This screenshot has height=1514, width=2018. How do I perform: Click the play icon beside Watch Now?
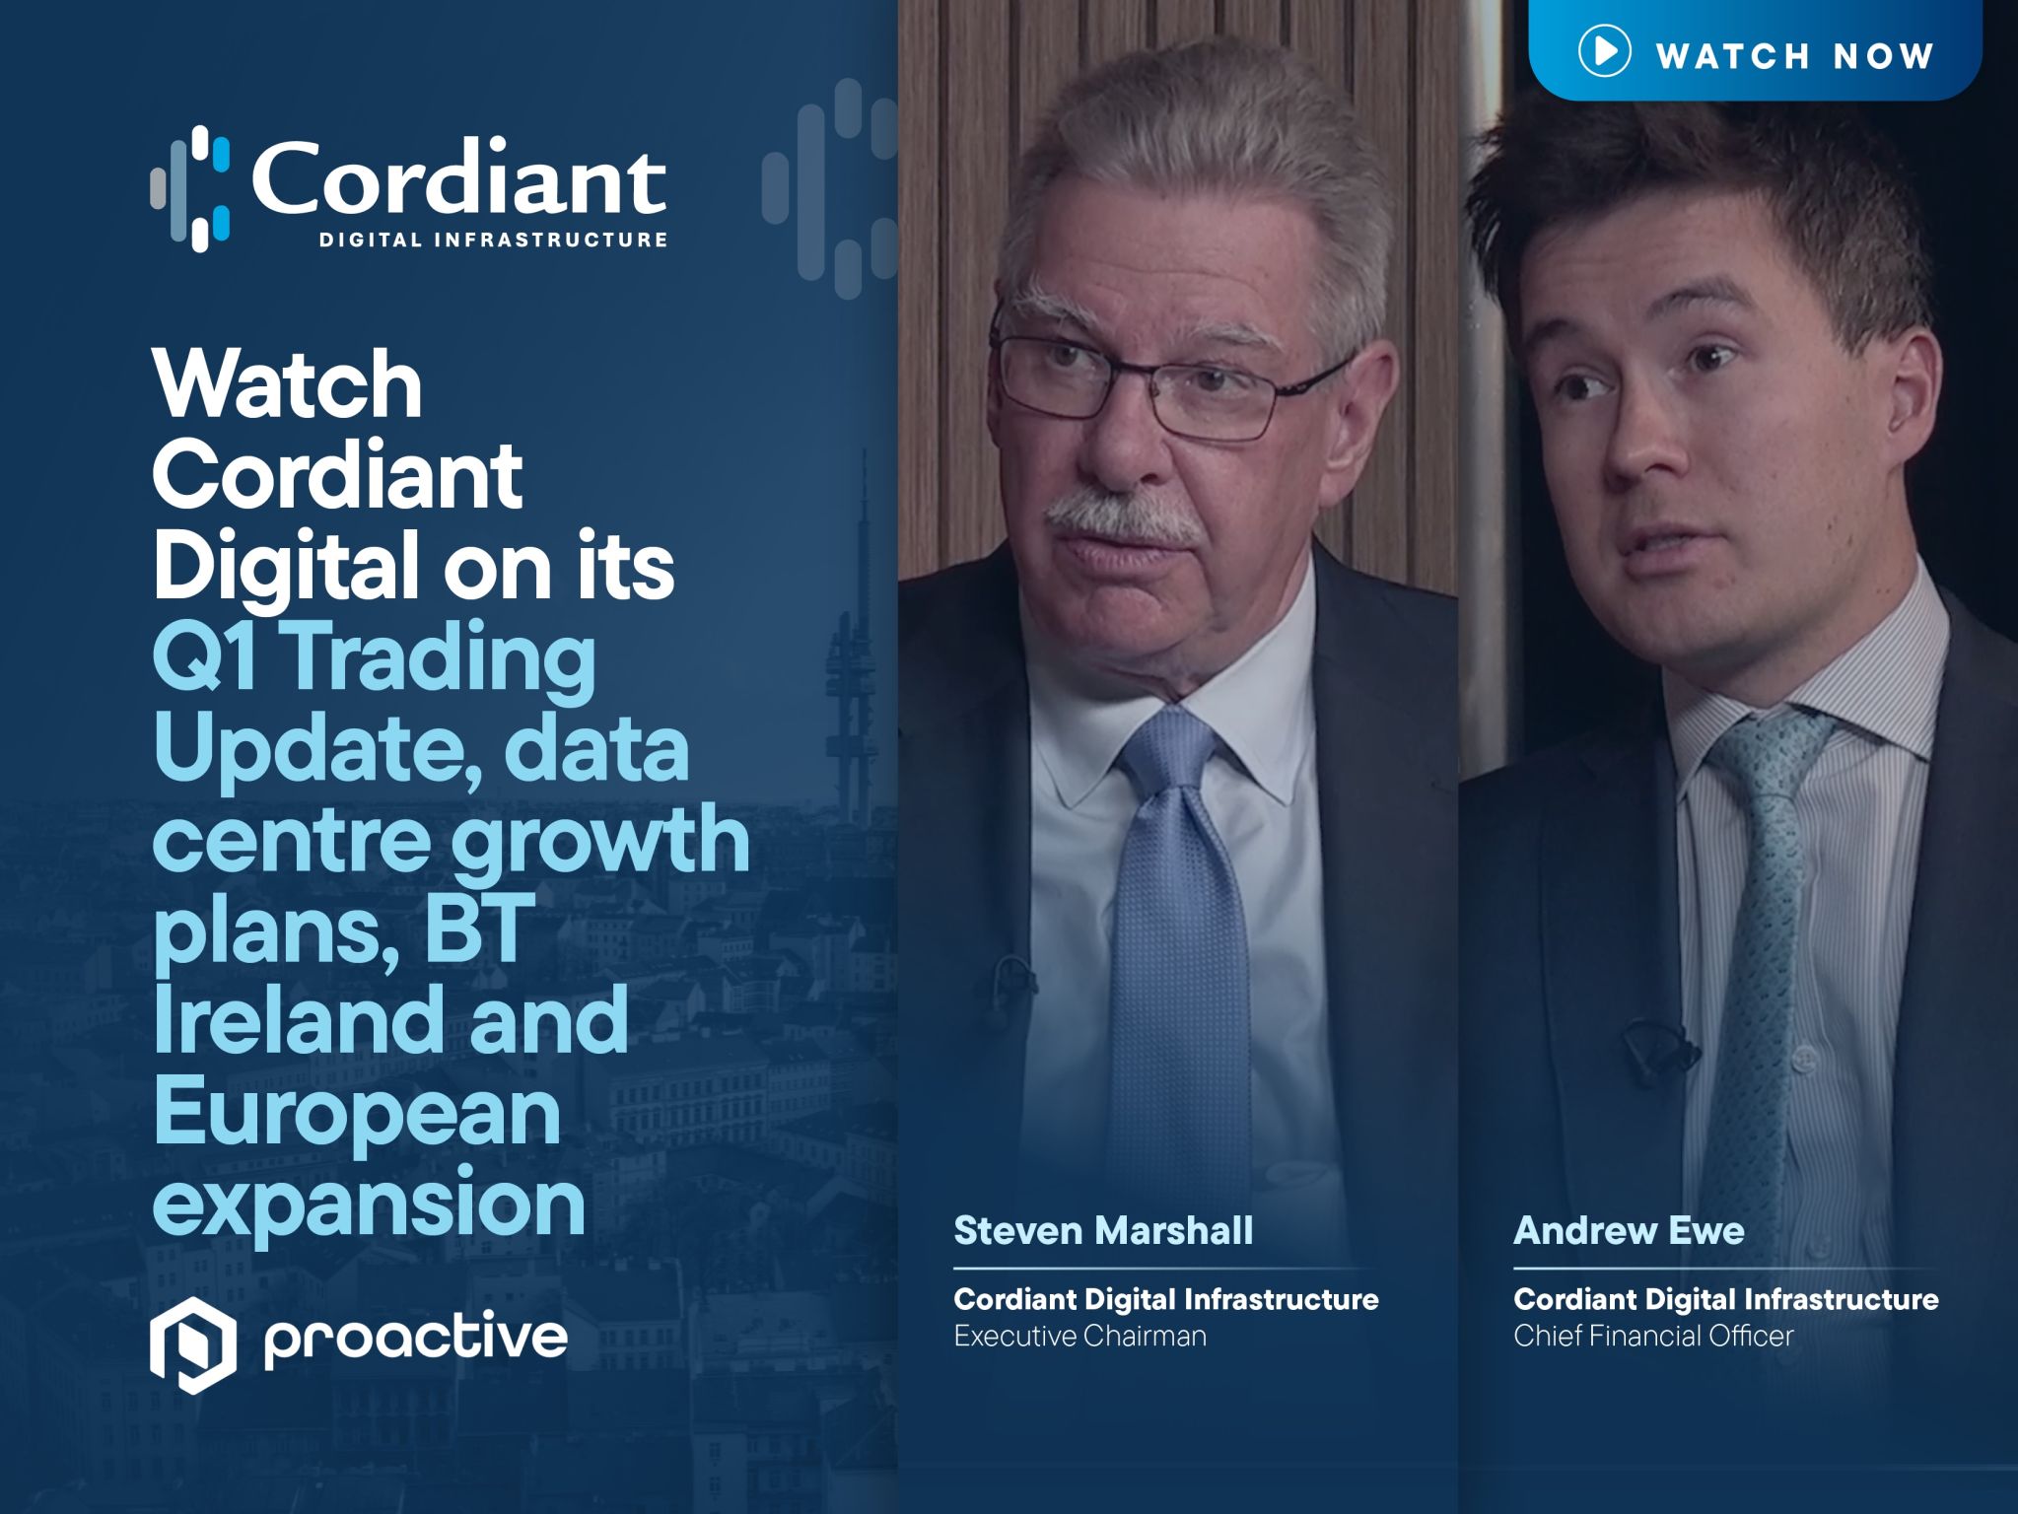(1604, 51)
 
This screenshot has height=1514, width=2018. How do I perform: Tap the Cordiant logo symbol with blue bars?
(191, 188)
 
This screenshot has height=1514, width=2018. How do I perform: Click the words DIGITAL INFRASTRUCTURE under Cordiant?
(493, 240)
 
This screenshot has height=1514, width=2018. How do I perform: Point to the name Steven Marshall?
(1103, 1230)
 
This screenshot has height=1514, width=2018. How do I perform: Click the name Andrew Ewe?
(1629, 1230)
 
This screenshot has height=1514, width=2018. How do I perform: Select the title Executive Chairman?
(1079, 1336)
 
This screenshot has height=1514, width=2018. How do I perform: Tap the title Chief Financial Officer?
(1653, 1336)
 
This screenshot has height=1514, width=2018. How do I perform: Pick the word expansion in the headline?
(369, 1202)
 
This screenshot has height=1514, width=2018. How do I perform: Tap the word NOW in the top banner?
(1883, 56)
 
